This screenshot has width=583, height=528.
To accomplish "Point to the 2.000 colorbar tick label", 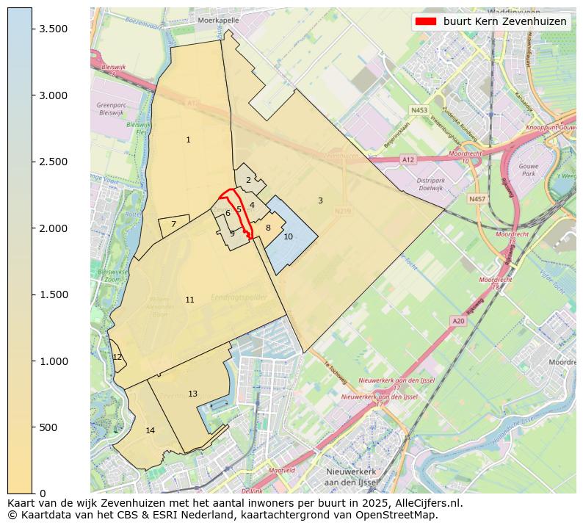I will coord(53,228).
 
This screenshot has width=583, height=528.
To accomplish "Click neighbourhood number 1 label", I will coord(188,140).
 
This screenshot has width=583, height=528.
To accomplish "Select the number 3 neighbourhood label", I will coord(320,200).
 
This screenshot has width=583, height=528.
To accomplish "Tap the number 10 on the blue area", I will coord(288,236).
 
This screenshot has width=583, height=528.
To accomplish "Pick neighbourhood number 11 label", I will coord(189,300).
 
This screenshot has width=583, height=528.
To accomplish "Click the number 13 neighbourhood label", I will coord(192,394).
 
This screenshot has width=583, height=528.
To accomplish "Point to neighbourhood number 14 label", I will coord(150,430).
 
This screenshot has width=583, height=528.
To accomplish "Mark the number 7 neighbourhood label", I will coord(173,224).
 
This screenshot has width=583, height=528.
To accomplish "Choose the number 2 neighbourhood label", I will coord(248,180).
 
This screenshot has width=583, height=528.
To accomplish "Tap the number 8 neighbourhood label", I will coord(268,228).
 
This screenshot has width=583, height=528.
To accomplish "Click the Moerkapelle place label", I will coord(218,21).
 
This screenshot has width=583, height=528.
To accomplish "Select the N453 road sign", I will coord(419,110).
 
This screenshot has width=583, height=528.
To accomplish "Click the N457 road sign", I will coord(477,199).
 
